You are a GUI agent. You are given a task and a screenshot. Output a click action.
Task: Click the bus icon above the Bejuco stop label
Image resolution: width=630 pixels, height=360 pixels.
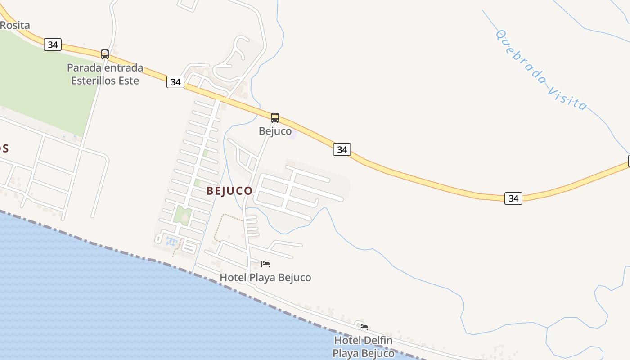coord(275,118)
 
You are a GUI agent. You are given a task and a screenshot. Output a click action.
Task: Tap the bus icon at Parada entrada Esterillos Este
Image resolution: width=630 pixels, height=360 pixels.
coord(105,54)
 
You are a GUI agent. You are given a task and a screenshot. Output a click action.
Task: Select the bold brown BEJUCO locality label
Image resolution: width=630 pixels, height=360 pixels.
coord(229,191)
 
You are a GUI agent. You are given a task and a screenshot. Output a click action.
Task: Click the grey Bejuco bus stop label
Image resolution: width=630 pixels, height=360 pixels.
coord(275,131)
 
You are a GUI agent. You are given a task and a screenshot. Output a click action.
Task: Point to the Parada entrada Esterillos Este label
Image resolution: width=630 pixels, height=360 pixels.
coord(105,74)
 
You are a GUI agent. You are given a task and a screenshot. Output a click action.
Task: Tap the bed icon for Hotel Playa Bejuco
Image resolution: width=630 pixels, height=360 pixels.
coord(265,264)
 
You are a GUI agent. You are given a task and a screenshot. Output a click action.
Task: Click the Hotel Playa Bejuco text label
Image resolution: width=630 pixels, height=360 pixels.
coord(265,277)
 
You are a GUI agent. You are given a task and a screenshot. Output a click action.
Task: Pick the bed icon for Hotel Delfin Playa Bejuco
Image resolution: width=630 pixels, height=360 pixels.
coord(364,327)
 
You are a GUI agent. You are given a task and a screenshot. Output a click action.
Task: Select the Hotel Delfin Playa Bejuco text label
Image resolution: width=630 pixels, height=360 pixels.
coord(363,346)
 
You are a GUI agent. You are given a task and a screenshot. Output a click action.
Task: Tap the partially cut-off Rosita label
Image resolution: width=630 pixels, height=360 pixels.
coord(15,25)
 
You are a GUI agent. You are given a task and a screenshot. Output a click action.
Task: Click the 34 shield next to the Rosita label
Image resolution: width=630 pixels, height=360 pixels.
coord(53,45)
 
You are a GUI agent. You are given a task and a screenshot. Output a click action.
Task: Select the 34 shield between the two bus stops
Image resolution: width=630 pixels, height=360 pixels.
coord(175,82)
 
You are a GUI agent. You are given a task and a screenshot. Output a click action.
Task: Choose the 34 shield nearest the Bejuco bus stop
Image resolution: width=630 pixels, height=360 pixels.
coord(342,149)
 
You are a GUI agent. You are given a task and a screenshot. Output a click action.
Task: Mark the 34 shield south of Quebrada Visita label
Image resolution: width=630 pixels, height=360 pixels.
coord(513,198)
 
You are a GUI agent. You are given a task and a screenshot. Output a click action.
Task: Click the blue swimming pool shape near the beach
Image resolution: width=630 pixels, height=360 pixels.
coord(171,241)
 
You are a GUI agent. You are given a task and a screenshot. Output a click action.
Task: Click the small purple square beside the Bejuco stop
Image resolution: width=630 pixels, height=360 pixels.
coord(292,134)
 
